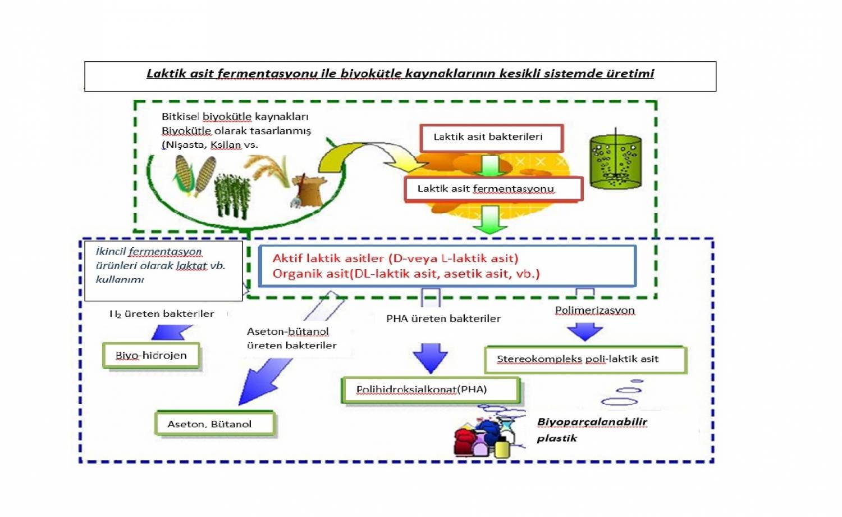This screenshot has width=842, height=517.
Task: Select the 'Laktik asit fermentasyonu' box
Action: click(x=493, y=189)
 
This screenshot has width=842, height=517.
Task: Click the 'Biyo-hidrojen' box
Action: click(x=151, y=356)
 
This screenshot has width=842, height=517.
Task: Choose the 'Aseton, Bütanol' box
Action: click(x=214, y=424)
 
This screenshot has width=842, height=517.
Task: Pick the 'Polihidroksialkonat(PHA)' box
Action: click(x=430, y=389)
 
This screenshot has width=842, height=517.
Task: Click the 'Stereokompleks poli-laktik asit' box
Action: click(x=585, y=360)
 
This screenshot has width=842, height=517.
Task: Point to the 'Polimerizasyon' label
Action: click(x=594, y=310)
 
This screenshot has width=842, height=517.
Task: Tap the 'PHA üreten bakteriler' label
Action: click(x=443, y=319)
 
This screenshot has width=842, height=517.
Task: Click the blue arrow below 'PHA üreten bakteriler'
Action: click(x=431, y=358)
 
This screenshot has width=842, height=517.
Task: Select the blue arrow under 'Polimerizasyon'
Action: click(x=585, y=332)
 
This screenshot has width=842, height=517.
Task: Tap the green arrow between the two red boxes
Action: click(x=490, y=165)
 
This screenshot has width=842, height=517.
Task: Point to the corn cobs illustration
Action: click(x=193, y=175)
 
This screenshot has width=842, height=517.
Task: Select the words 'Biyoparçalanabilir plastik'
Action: click(x=591, y=429)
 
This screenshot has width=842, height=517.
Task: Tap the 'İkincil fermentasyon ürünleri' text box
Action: click(x=163, y=270)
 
